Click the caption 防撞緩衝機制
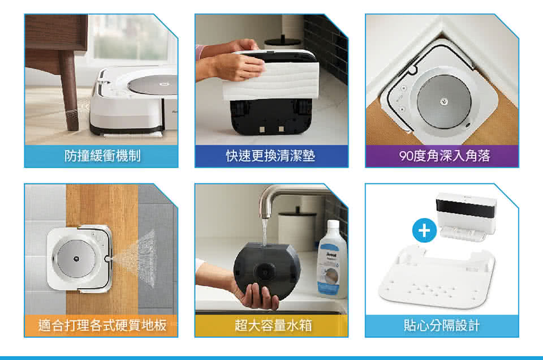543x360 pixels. click(x=102, y=156)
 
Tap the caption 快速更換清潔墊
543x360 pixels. click(x=271, y=156)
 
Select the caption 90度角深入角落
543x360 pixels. click(x=445, y=156)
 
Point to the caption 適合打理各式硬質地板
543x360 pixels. click(x=102, y=325)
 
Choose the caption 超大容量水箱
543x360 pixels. click(x=273, y=325)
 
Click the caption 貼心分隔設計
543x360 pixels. click(x=442, y=325)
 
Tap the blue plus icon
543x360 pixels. click(x=424, y=230)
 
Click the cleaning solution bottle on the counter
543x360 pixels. click(x=332, y=259)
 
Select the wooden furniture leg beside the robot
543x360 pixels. click(x=69, y=91)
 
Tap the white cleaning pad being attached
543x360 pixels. click(x=271, y=82)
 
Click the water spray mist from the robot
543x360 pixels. click(x=139, y=258)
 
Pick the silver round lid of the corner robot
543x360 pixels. click(x=444, y=101)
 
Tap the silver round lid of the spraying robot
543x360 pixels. click(x=76, y=259)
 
